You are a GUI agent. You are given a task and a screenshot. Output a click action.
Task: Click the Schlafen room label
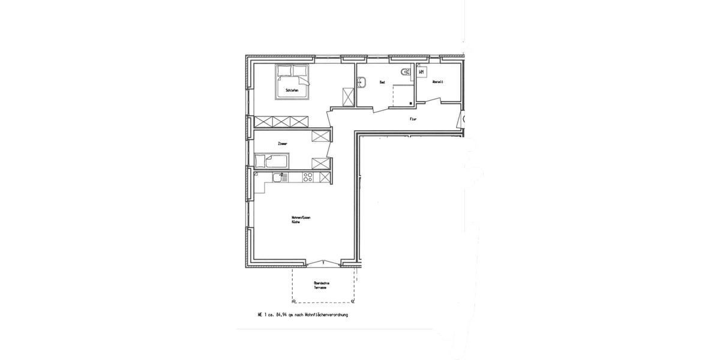point(292,90)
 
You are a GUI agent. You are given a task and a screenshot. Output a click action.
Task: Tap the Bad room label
point(382,82)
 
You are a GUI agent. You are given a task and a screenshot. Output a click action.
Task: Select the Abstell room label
point(437,82)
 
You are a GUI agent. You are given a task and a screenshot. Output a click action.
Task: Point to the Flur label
point(413,119)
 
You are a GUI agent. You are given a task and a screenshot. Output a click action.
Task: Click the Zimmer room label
point(283,144)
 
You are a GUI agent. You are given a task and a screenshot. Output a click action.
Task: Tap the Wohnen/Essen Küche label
point(301,219)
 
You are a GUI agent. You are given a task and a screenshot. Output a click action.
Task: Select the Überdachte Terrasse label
point(321,286)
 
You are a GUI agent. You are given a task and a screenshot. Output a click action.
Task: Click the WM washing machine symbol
point(421,72)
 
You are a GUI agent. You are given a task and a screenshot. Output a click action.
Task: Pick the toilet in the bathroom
point(407,72)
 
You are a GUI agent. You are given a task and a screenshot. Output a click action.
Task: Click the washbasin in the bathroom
point(361,83)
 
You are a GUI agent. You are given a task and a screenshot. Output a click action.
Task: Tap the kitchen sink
point(279,177)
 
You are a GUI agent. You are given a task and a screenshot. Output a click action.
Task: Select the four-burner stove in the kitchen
point(308,177)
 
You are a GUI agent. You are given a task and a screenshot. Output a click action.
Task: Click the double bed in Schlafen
point(293,81)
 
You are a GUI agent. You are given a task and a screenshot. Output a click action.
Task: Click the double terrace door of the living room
point(323,263)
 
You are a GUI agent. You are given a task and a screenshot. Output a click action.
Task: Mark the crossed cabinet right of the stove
point(325,177)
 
